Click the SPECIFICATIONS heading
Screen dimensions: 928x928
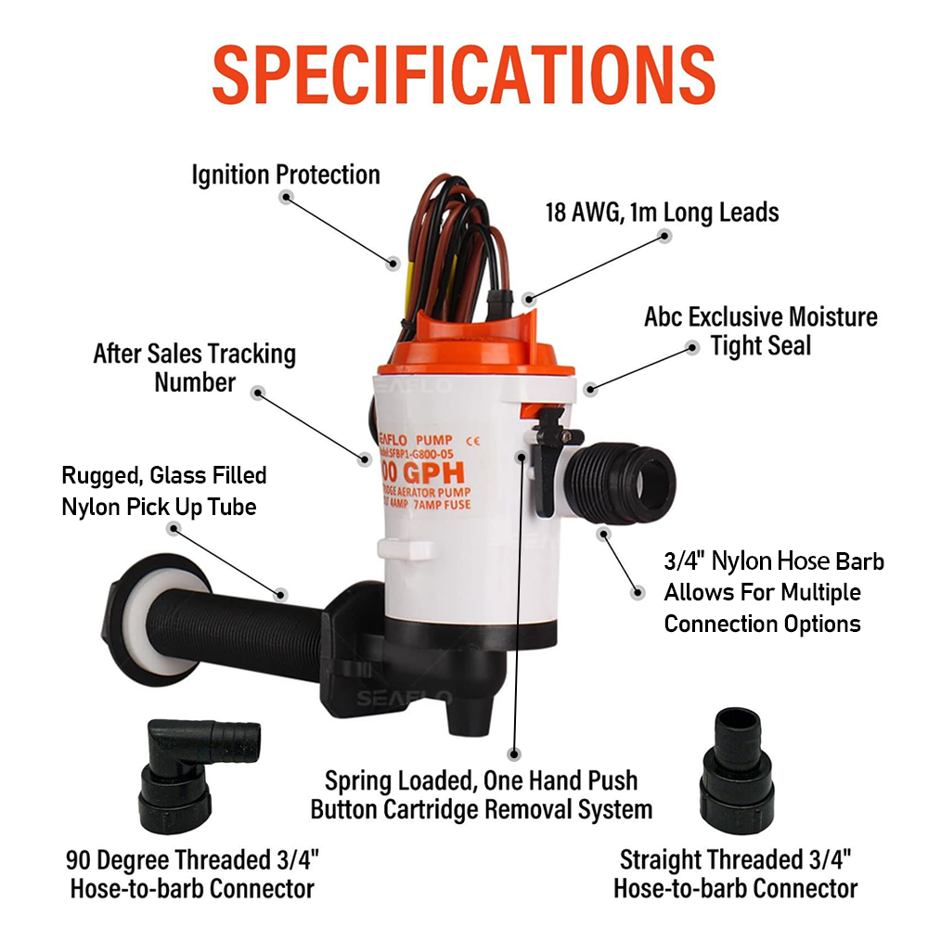tap(463, 71)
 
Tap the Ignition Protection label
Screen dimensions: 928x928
tap(286, 174)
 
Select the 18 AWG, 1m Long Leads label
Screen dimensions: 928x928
tap(662, 213)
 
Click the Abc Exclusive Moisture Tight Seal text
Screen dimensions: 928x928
tap(760, 331)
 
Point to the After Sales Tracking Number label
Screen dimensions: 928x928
tap(194, 367)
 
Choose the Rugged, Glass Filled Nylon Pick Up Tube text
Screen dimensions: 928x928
tap(164, 492)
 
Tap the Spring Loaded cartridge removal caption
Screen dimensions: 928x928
tap(481, 794)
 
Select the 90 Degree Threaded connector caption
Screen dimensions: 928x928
tap(192, 873)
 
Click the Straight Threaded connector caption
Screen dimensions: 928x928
tap(735, 873)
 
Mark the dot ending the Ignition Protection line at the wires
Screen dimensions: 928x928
tap(393, 264)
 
